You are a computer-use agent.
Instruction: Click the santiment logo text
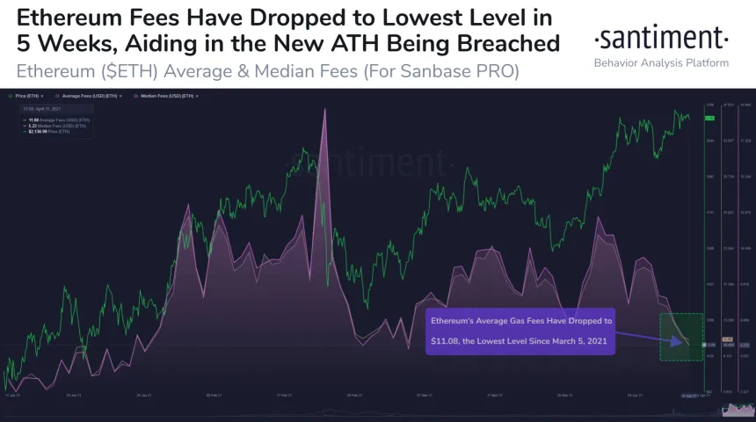(x=661, y=39)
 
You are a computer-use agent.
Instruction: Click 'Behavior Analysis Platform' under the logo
(x=661, y=63)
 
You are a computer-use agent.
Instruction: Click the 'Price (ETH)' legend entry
(x=27, y=95)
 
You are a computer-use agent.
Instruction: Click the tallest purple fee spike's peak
(x=325, y=109)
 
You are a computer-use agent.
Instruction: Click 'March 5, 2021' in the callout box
(x=576, y=340)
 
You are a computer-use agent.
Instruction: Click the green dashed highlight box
(x=681, y=337)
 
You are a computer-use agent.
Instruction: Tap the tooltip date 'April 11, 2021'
(x=44, y=110)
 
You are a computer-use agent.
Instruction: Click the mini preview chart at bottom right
(x=737, y=410)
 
